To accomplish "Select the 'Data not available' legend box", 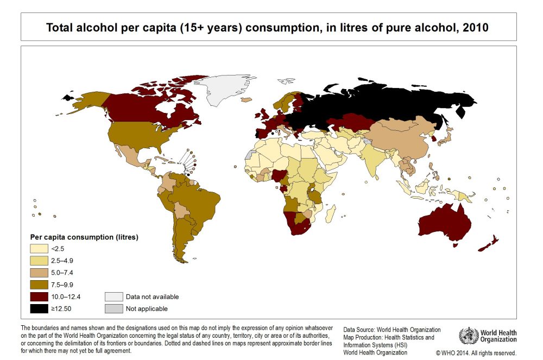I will pos(113,296).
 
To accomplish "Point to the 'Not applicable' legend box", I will pos(113,308).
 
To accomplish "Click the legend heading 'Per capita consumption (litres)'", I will pos(84,237).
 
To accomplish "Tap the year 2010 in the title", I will pos(477,27).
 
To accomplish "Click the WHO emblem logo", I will pos(468,336).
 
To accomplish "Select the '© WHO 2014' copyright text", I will pos(476,352).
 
